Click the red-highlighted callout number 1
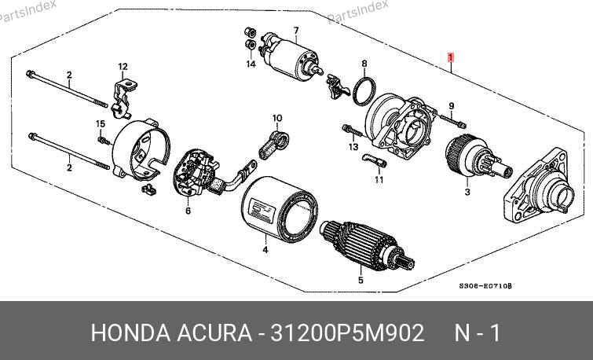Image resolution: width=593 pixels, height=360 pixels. (x=450, y=57)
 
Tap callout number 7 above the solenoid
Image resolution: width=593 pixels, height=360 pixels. (x=296, y=31)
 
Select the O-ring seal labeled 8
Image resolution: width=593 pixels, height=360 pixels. (x=364, y=91)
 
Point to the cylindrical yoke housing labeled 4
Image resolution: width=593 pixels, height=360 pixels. (x=279, y=209)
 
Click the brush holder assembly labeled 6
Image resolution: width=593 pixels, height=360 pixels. (x=196, y=174)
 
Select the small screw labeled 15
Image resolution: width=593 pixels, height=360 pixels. (x=104, y=141)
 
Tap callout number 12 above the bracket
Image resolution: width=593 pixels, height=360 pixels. (x=123, y=67)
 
